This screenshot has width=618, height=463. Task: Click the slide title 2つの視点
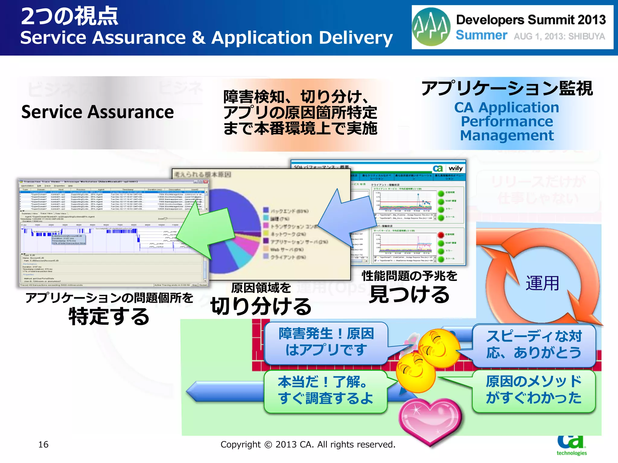coord(69,16)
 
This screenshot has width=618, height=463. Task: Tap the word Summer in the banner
coord(481,35)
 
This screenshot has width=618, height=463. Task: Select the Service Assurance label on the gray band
coord(97,112)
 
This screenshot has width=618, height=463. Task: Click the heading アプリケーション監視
coord(507,89)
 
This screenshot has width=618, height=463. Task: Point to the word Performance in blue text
coord(507,121)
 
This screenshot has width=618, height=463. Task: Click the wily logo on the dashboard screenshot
coord(455,169)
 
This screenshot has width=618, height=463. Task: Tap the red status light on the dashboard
coord(441,235)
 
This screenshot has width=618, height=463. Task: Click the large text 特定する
coord(109,317)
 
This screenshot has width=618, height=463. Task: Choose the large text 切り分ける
coord(261,306)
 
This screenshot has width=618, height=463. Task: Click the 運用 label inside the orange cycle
coord(542,283)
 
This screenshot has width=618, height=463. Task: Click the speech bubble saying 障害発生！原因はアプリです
coord(326,342)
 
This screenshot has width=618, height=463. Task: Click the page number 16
coord(43,444)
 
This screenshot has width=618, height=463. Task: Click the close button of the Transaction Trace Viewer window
coord(206,182)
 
